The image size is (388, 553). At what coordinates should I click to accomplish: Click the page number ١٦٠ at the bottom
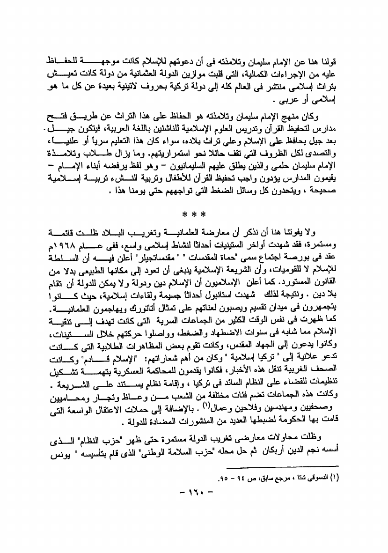pyautogui.click(x=193, y=493)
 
